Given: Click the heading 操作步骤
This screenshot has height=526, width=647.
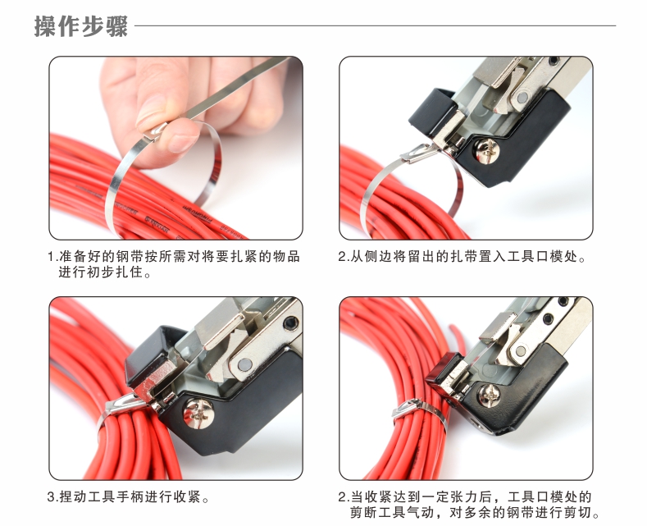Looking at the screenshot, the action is (x=81, y=26).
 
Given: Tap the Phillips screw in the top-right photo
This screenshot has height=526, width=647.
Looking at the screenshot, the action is (x=487, y=150).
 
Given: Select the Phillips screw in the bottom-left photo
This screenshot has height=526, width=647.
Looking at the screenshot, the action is (x=199, y=413).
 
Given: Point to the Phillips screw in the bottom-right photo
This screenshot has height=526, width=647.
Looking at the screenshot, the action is (x=490, y=395).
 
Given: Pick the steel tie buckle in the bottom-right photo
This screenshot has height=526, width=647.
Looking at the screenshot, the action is (x=407, y=408).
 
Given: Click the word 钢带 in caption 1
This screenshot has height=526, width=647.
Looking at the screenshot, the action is (x=123, y=256).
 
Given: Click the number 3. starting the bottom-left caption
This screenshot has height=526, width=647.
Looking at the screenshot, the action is (x=52, y=496).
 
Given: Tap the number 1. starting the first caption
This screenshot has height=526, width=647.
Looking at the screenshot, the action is (x=52, y=257).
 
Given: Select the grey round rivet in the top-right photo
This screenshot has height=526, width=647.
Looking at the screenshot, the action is (x=522, y=98).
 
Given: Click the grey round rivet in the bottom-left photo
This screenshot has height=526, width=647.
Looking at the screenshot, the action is (x=244, y=365).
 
